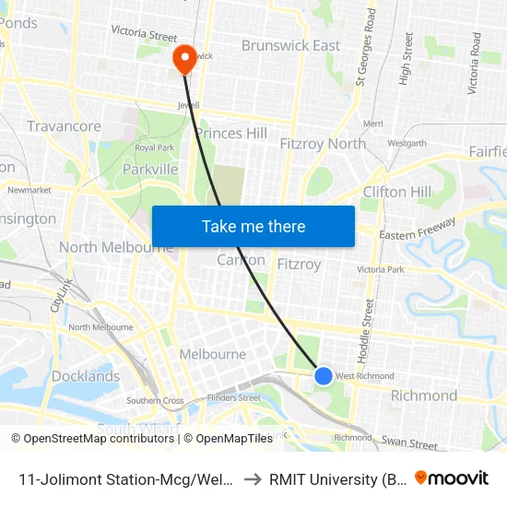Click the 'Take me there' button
coord(253,226)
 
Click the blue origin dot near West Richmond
coord(323,375)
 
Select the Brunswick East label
coord(290,45)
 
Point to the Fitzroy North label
coord(322,143)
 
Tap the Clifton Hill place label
coord(396,192)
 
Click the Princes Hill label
coord(231,134)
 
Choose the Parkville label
coord(150,170)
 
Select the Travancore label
coord(64,126)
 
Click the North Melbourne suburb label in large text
coord(115,247)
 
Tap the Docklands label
coord(86,376)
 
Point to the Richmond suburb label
coord(423,395)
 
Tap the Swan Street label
coord(410,445)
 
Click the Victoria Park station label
coord(381,269)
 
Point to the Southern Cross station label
coord(155,401)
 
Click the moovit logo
coord(452,478)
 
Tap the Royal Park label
coord(155,147)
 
